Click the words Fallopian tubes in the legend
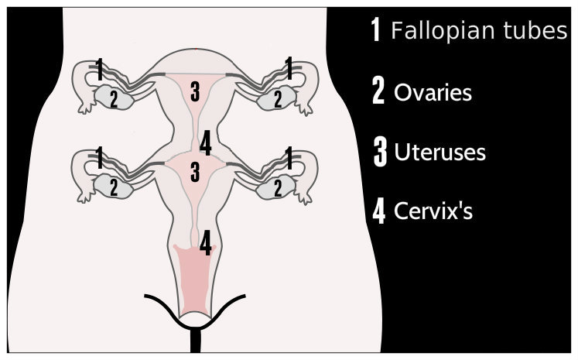coord(479,32)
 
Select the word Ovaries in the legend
coord(433,93)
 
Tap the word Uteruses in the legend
coord(439,152)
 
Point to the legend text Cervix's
coord(432,211)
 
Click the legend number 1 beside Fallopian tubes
coord(377,31)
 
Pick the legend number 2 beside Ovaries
coord(378,92)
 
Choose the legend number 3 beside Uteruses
coord(379,152)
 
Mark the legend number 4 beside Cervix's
coord(379,211)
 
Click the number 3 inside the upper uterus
coord(195,91)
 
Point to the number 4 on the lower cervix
coord(205,242)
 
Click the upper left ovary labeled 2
coord(113,98)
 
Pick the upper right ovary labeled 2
coord(277,98)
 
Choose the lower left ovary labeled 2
coord(113,187)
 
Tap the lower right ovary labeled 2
coord(277,187)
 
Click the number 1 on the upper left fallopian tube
coord(98,69)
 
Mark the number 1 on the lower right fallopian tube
coord(289,157)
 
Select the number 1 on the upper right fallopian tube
coord(289,69)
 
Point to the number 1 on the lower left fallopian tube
coord(98,157)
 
